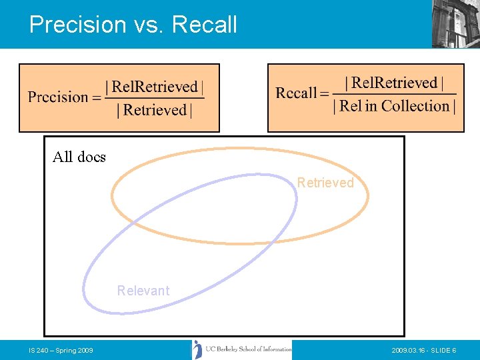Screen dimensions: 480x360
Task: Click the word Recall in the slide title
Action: pos(205,25)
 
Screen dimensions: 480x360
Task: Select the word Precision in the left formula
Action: pos(58,97)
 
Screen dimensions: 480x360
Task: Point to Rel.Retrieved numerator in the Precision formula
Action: pos(155,87)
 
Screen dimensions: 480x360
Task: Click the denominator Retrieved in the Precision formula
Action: pos(155,110)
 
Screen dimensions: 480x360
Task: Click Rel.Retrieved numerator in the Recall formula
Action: pos(394,83)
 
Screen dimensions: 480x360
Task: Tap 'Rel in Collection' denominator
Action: pos(394,106)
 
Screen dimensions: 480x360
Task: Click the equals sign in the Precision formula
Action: pos(97,98)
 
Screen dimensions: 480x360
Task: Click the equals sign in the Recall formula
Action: pos(325,94)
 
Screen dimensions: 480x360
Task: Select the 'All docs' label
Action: pos(79,157)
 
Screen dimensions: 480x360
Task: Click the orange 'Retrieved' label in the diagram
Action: pos(325,183)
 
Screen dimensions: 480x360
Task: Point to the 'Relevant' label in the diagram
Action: pos(143,291)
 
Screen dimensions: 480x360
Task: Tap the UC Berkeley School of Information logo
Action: pos(242,349)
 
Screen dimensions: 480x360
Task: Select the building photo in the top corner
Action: pos(455,23)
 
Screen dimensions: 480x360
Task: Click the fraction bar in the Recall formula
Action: pos(394,94)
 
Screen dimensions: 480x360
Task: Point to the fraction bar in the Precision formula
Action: pos(155,99)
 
